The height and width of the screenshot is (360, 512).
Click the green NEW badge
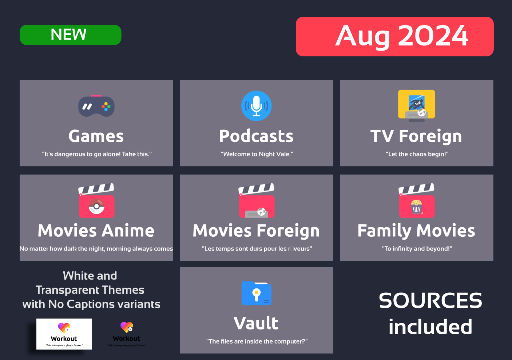(x=70, y=35)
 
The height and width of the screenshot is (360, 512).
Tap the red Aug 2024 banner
(x=394, y=36)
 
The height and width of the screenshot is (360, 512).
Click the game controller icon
(x=96, y=106)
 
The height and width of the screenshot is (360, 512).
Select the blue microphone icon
(x=256, y=106)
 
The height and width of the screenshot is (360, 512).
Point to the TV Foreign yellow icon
(x=416, y=105)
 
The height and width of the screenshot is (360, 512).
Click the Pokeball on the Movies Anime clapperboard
(x=96, y=206)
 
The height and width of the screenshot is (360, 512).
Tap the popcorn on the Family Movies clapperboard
(x=416, y=206)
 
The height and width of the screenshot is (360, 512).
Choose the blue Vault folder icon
(x=256, y=293)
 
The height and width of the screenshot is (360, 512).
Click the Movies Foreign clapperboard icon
(x=256, y=201)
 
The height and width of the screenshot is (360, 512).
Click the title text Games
(x=96, y=136)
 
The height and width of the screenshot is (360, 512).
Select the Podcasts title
(x=256, y=136)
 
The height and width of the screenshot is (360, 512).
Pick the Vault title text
(x=256, y=323)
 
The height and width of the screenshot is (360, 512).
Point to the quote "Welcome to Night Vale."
(x=257, y=154)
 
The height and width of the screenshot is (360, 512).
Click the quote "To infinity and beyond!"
(x=417, y=249)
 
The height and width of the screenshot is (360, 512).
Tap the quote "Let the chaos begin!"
(x=417, y=154)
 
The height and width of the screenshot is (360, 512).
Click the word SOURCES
(x=430, y=301)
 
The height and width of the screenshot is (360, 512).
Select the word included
(x=430, y=327)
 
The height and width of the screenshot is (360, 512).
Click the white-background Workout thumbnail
(x=64, y=334)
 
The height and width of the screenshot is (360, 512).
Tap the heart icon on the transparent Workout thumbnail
(x=127, y=327)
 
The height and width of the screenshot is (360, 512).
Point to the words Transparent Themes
(x=90, y=290)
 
